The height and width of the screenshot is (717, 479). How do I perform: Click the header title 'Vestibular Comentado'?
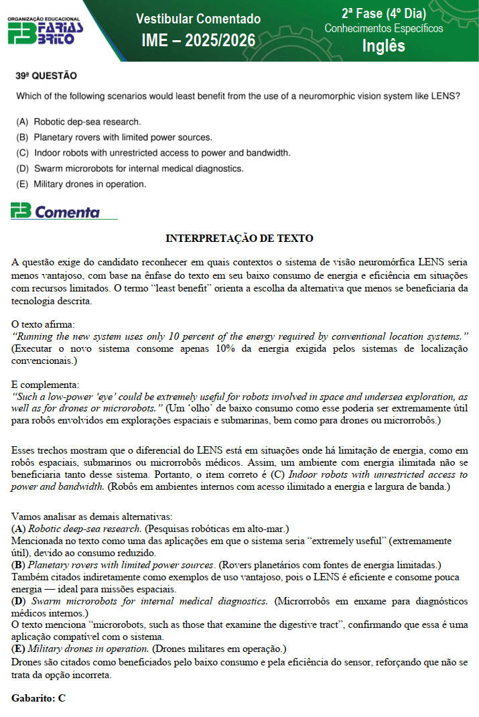[x=198, y=19]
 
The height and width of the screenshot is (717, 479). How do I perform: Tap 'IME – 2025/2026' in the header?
[x=198, y=41]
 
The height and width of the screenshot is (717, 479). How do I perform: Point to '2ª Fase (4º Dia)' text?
[x=383, y=13]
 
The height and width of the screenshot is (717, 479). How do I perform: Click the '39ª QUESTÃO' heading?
[x=46, y=76]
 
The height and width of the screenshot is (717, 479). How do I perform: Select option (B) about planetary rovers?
[x=114, y=137]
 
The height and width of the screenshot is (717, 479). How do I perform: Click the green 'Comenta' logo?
[x=55, y=212]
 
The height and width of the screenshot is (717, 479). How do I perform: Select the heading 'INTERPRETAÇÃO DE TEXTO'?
[x=239, y=238]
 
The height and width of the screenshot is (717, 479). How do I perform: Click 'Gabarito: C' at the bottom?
[x=38, y=698]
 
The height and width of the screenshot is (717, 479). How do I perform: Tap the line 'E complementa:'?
[x=45, y=385]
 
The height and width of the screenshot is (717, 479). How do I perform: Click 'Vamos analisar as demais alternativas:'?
[x=92, y=517]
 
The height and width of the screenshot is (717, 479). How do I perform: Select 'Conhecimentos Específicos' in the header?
[x=383, y=29]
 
